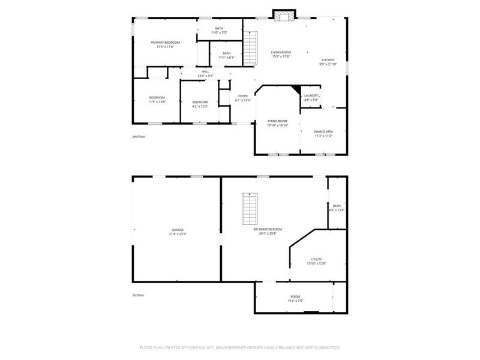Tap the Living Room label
click(281, 53)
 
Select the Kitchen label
click(328, 60)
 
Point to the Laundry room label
click(311, 95)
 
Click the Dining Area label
click(323, 131)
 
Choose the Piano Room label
click(278, 121)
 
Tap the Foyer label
click(243, 95)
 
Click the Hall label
click(206, 71)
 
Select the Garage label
click(178, 229)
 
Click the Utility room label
click(316, 259)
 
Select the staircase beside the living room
click(250, 48)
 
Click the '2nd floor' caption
click(139, 136)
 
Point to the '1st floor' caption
click(139, 295)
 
